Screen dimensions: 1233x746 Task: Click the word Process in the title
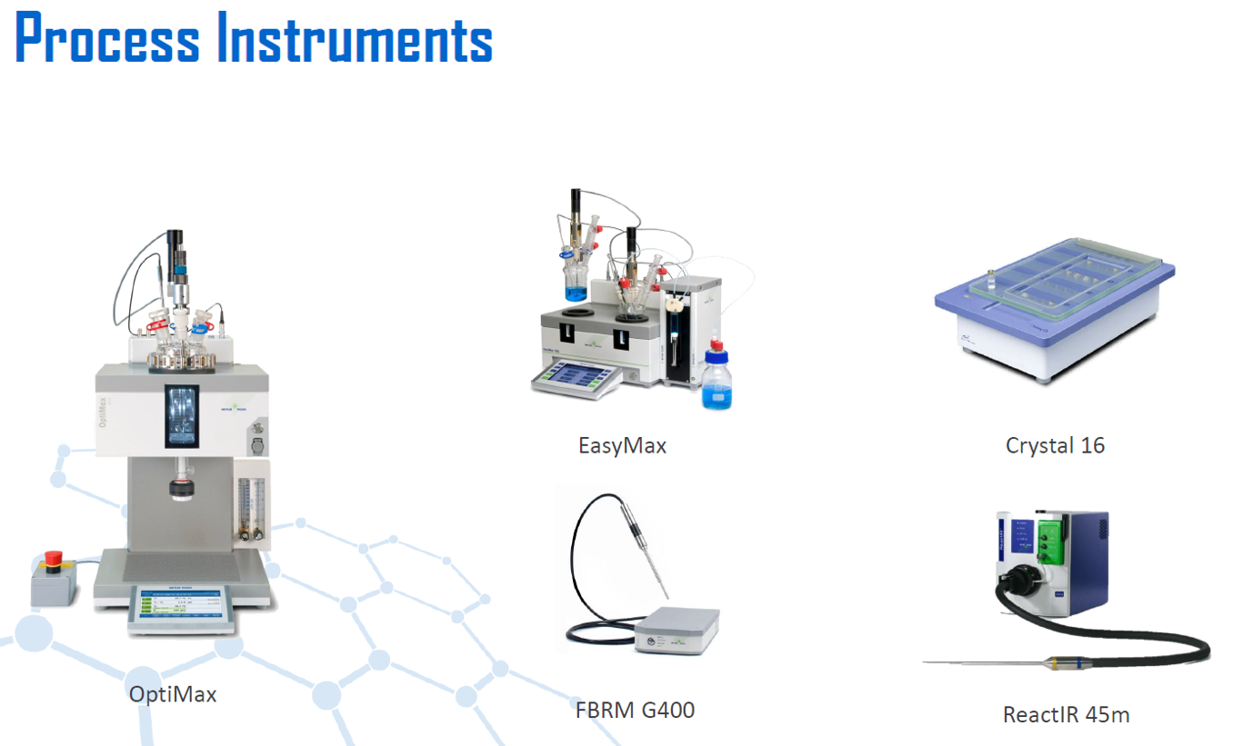(x=107, y=37)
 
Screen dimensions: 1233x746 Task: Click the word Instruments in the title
(x=355, y=37)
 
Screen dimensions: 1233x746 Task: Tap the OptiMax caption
(x=173, y=694)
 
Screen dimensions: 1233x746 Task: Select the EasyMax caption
(x=622, y=445)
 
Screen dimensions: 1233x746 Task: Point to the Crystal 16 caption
(x=1055, y=445)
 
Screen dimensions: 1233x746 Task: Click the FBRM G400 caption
(x=635, y=711)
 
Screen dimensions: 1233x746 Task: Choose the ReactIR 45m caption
(x=1067, y=714)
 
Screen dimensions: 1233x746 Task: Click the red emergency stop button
(x=54, y=561)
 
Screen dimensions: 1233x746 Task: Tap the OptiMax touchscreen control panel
(x=182, y=609)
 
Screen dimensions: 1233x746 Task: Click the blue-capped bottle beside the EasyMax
(x=717, y=375)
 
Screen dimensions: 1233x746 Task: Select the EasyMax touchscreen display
(x=576, y=377)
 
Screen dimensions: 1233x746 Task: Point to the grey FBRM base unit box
(x=677, y=631)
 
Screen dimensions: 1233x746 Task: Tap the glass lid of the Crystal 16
(x=1065, y=278)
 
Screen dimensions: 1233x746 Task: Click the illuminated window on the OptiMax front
(x=182, y=416)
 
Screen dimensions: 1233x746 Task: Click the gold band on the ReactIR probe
(x=1054, y=663)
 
